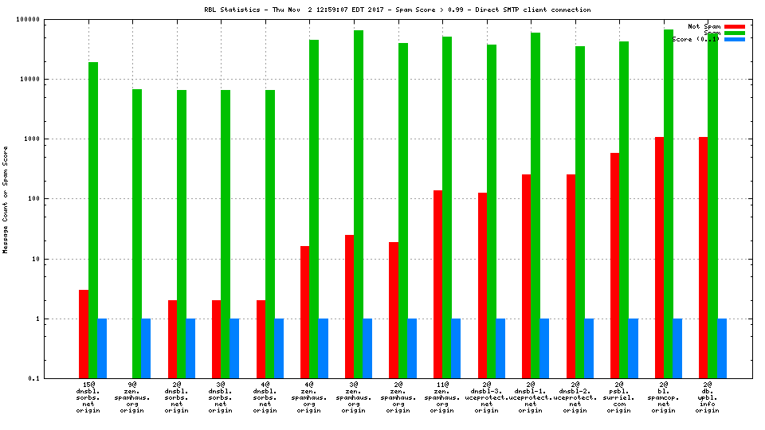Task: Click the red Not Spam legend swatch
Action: (734, 26)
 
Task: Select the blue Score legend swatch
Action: (734, 39)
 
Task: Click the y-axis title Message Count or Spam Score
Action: (6, 199)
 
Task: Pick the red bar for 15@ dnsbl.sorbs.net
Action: (84, 334)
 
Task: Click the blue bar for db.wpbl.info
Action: (722, 348)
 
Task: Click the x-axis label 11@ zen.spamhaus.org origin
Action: (441, 398)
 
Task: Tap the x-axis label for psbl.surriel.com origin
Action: (618, 398)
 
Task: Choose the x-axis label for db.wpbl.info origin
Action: (708, 398)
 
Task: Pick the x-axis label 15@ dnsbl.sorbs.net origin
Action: (88, 398)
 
